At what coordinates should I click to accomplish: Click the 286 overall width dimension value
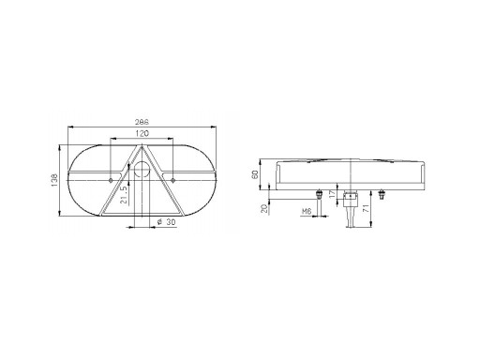pyautogui.click(x=142, y=121)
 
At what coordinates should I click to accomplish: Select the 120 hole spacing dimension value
pyautogui.click(x=142, y=133)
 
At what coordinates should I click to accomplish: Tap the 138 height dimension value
pyautogui.click(x=53, y=180)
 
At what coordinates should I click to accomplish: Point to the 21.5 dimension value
pyautogui.click(x=124, y=195)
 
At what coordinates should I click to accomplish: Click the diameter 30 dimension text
pyautogui.click(x=166, y=222)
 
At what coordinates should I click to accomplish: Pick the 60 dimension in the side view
pyautogui.click(x=255, y=174)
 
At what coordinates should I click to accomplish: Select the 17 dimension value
pyautogui.click(x=333, y=193)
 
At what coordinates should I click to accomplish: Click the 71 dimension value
pyautogui.click(x=365, y=208)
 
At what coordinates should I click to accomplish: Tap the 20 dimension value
pyautogui.click(x=265, y=209)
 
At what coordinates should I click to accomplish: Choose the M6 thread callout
pyautogui.click(x=307, y=212)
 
